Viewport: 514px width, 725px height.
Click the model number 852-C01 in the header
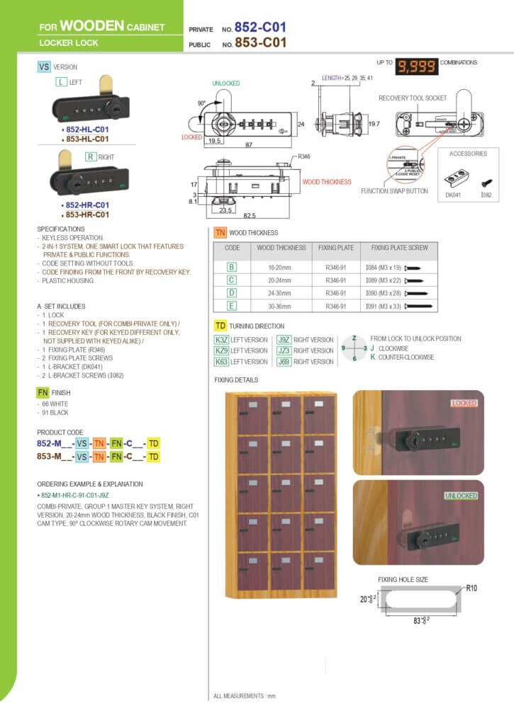tap(261, 28)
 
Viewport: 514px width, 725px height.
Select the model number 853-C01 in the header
tap(261, 43)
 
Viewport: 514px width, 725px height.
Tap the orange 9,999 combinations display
tap(416, 66)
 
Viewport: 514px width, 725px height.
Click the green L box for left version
tap(61, 83)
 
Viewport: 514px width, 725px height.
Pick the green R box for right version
tap(91, 156)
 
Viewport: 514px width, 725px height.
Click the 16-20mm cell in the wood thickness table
tap(281, 268)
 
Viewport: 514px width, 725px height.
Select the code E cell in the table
tap(232, 307)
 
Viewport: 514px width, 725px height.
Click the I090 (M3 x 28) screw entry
tap(386, 294)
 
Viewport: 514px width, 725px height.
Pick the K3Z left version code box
tap(221, 340)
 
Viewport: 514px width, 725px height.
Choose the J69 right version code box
tap(284, 362)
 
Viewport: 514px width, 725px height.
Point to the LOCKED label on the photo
tap(464, 403)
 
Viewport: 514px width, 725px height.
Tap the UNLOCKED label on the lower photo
tap(461, 496)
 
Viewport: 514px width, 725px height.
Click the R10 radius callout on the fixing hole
tap(471, 588)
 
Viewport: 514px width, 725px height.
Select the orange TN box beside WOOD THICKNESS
tap(220, 232)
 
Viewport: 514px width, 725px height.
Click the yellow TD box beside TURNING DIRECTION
tap(220, 326)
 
